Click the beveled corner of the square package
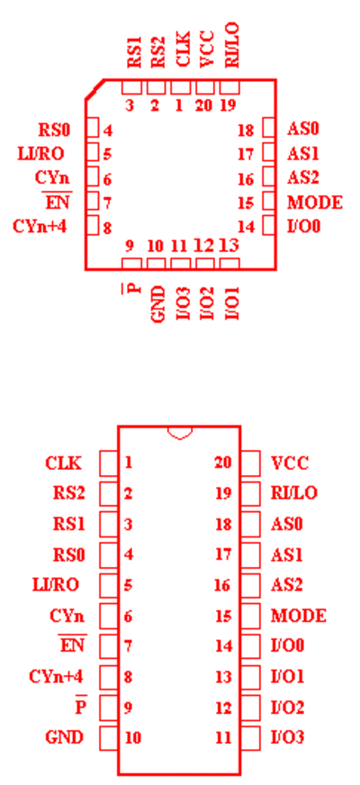click(94, 90)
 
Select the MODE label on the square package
click(314, 203)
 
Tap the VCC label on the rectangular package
click(290, 463)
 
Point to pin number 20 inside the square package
click(204, 106)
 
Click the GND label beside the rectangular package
click(64, 737)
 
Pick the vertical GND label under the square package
click(158, 303)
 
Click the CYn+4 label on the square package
click(40, 227)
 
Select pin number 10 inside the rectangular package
click(132, 738)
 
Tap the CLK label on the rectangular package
click(64, 463)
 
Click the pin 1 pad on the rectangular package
click(109, 463)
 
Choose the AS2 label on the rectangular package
click(287, 585)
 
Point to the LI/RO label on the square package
click(41, 154)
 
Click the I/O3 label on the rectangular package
click(287, 737)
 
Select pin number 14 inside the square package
click(247, 227)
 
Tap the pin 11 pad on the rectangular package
click(250, 738)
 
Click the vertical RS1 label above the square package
click(134, 51)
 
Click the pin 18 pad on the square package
click(269, 128)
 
